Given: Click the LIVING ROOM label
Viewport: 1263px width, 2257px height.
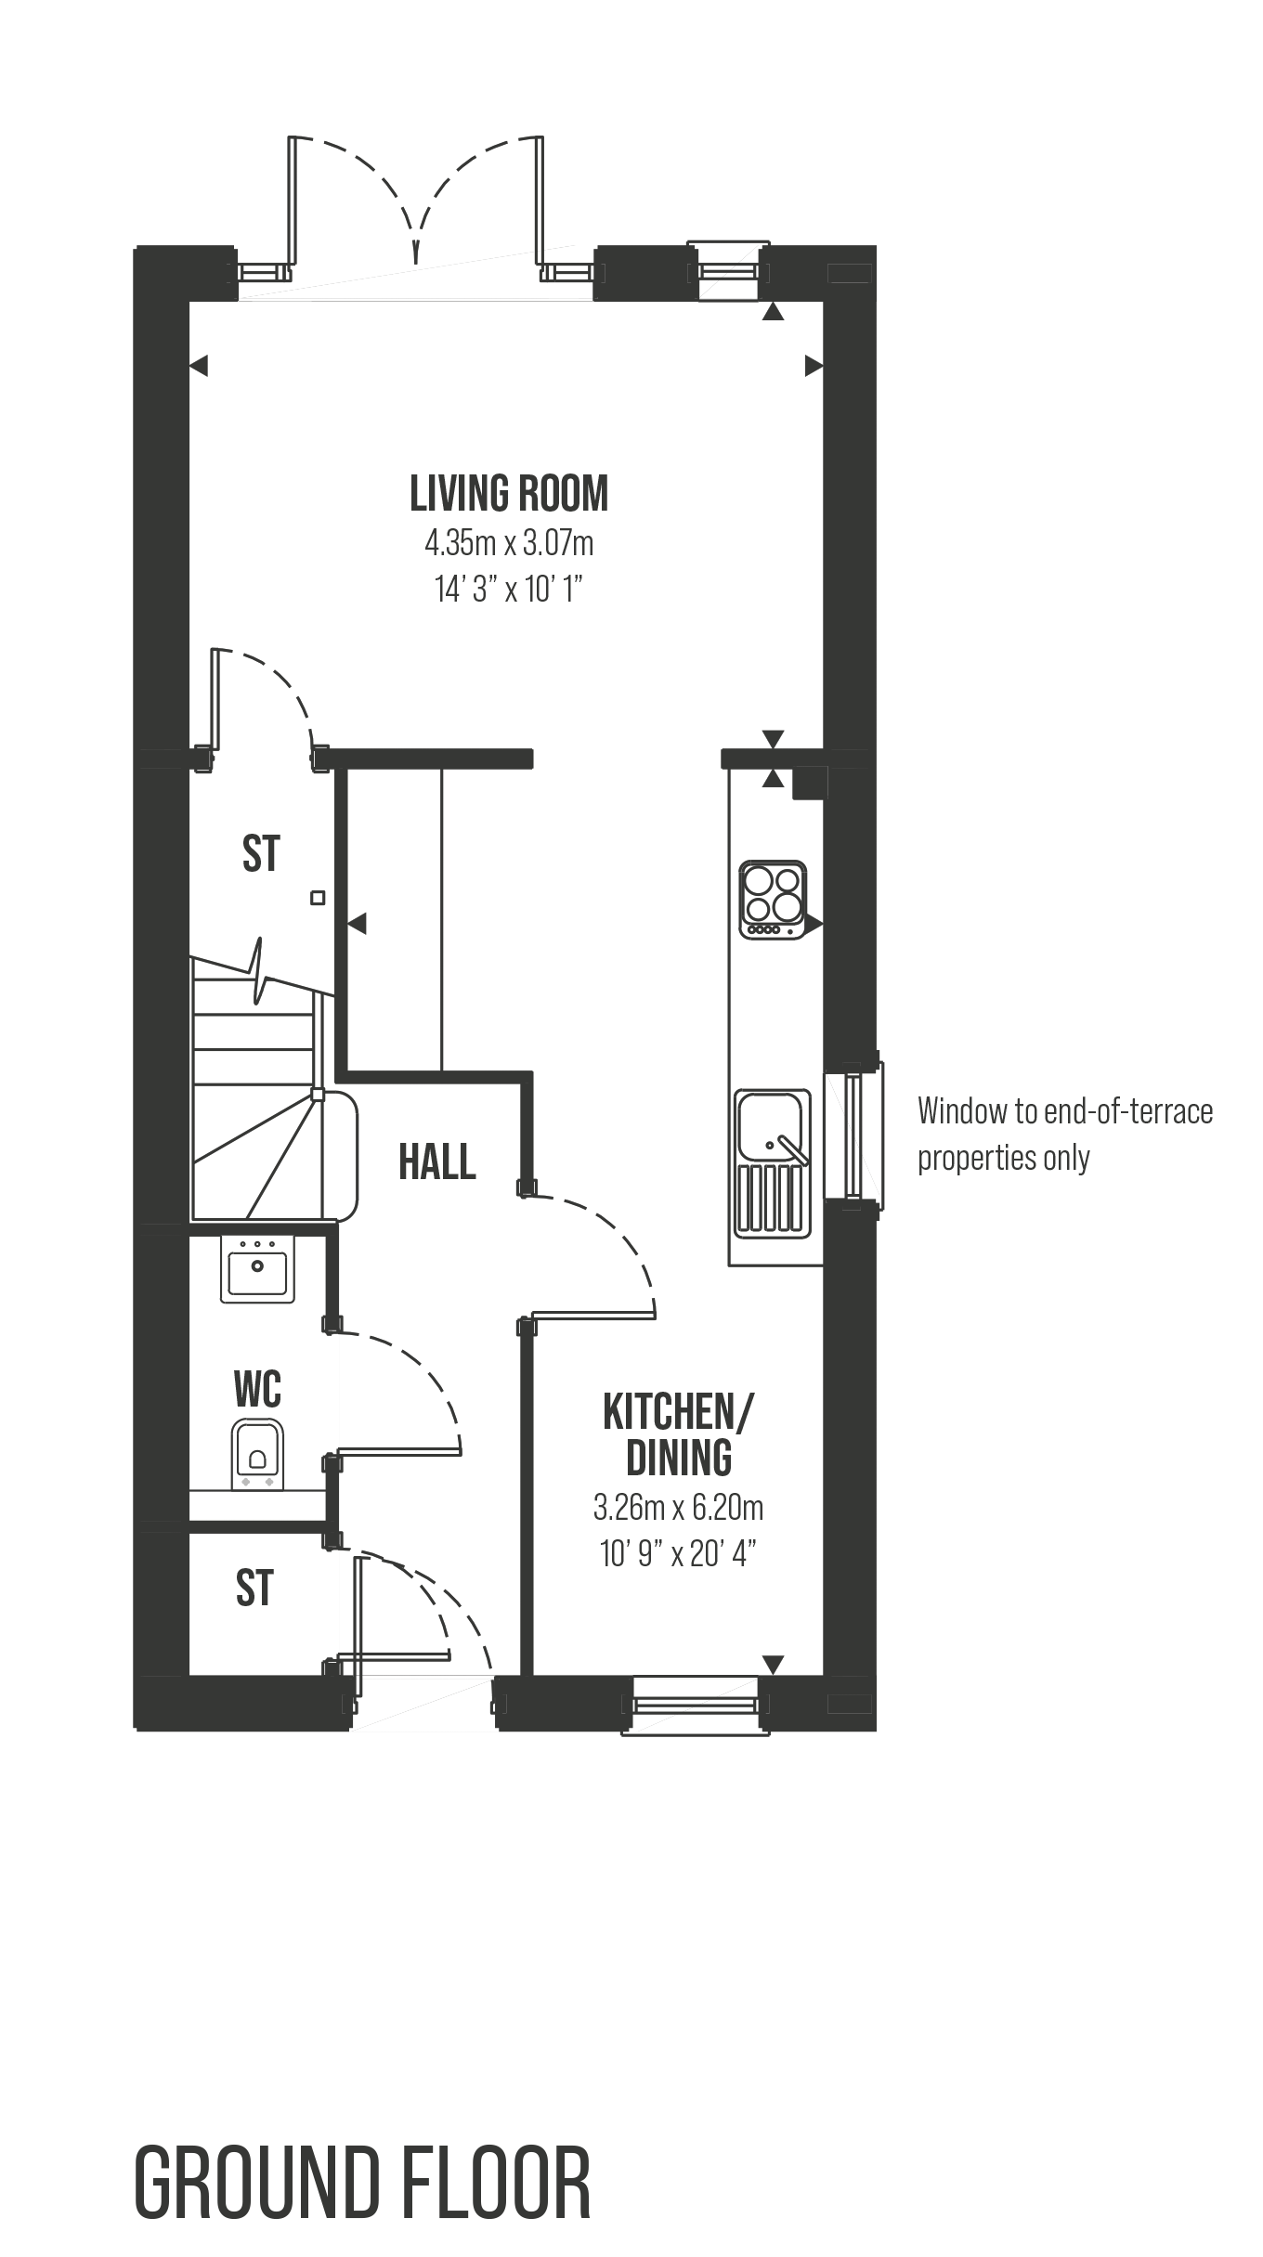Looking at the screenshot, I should click(509, 494).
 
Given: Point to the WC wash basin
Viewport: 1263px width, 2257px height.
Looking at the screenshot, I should click(257, 1267).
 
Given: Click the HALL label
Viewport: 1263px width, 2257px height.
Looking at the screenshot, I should click(436, 1161).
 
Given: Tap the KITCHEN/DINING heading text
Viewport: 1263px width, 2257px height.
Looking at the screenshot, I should click(679, 1435).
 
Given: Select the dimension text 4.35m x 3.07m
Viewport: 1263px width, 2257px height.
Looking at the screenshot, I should click(509, 543).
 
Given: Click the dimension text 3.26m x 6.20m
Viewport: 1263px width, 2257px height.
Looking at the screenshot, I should click(679, 1508).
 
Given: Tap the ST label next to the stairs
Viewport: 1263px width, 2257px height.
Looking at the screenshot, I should click(261, 853).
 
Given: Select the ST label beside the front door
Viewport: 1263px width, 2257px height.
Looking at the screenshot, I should click(254, 1588).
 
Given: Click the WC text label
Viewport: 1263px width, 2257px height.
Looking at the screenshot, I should click(257, 1390).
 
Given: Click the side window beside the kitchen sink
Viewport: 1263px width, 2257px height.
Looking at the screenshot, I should click(853, 1133).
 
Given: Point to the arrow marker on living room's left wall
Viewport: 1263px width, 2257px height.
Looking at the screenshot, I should click(198, 367).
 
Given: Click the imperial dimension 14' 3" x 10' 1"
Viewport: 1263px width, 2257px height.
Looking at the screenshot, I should click(509, 590).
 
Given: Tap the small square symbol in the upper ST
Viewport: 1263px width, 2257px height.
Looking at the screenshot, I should click(318, 898).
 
